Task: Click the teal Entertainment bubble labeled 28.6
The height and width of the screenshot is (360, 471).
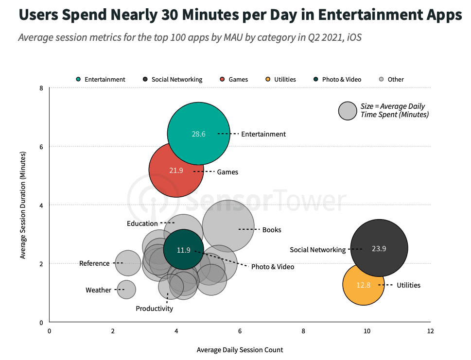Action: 198,134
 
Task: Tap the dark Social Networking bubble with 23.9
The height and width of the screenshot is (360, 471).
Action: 379,248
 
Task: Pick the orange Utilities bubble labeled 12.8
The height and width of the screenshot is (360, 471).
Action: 363,285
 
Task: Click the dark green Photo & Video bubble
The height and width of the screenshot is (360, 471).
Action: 183,250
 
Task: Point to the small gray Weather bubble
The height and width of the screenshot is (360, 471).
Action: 126,290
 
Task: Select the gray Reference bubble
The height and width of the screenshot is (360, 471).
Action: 127,263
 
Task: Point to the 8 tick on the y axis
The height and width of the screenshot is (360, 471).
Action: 42,88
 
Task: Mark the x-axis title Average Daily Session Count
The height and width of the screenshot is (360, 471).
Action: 240,350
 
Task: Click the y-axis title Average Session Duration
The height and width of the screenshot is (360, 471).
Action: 23,205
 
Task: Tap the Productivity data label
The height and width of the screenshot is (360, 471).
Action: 154,309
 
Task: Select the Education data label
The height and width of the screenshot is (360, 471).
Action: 142,223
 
